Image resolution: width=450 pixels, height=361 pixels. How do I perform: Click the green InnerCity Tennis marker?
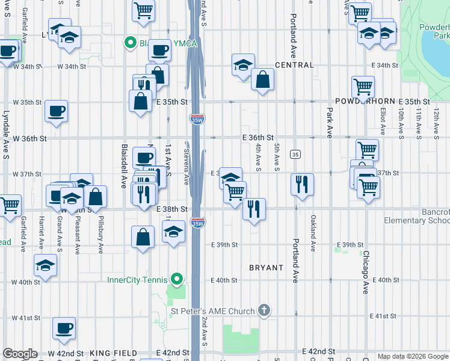176,280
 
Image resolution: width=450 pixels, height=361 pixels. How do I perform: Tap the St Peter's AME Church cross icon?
264,310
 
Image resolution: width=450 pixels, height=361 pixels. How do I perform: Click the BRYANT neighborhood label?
266,267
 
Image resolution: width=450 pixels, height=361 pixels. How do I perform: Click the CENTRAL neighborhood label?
294,65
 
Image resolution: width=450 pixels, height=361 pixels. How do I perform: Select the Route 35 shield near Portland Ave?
295,155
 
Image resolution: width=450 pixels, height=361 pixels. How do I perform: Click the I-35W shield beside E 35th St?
196,119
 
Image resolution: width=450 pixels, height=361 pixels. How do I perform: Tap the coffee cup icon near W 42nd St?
64,328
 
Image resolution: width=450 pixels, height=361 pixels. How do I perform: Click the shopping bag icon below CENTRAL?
262,79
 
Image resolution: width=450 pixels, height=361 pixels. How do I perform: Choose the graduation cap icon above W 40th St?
45,264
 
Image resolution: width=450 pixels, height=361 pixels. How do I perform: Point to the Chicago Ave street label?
365,272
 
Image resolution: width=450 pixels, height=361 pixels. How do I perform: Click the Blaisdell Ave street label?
123,166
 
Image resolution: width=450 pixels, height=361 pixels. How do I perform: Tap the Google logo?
20,354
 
